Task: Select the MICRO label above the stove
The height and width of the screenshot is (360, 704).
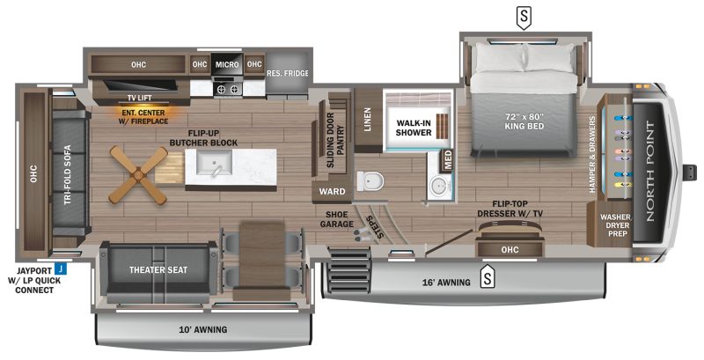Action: pyautogui.click(x=227, y=64)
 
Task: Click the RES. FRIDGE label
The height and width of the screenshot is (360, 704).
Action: pyautogui.click(x=288, y=73)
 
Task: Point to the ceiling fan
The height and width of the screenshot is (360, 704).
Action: pyautogui.click(x=138, y=173)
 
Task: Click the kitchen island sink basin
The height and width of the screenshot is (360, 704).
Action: pyautogui.click(x=215, y=163)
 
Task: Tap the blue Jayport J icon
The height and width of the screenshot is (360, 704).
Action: pyautogui.click(x=60, y=269)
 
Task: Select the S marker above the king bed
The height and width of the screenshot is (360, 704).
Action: pyautogui.click(x=523, y=17)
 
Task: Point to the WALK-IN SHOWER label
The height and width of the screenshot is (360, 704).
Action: pyautogui.click(x=414, y=128)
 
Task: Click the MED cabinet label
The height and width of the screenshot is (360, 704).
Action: pyautogui.click(x=448, y=161)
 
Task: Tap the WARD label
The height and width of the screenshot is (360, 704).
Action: pyautogui.click(x=333, y=192)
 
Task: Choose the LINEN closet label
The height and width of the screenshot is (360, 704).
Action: pyautogui.click(x=368, y=119)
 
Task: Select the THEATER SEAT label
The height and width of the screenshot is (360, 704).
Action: pyautogui.click(x=158, y=269)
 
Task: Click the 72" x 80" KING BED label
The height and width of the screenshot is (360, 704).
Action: pyautogui.click(x=523, y=121)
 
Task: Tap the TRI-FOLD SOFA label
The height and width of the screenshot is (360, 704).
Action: pyautogui.click(x=68, y=175)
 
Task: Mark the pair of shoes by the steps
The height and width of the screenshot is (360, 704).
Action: pyautogui.click(x=362, y=234)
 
